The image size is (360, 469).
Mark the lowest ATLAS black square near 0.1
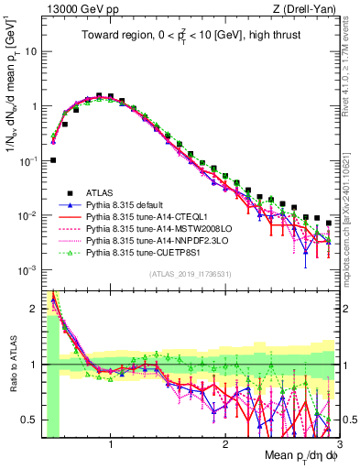click(x=53, y=159)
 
